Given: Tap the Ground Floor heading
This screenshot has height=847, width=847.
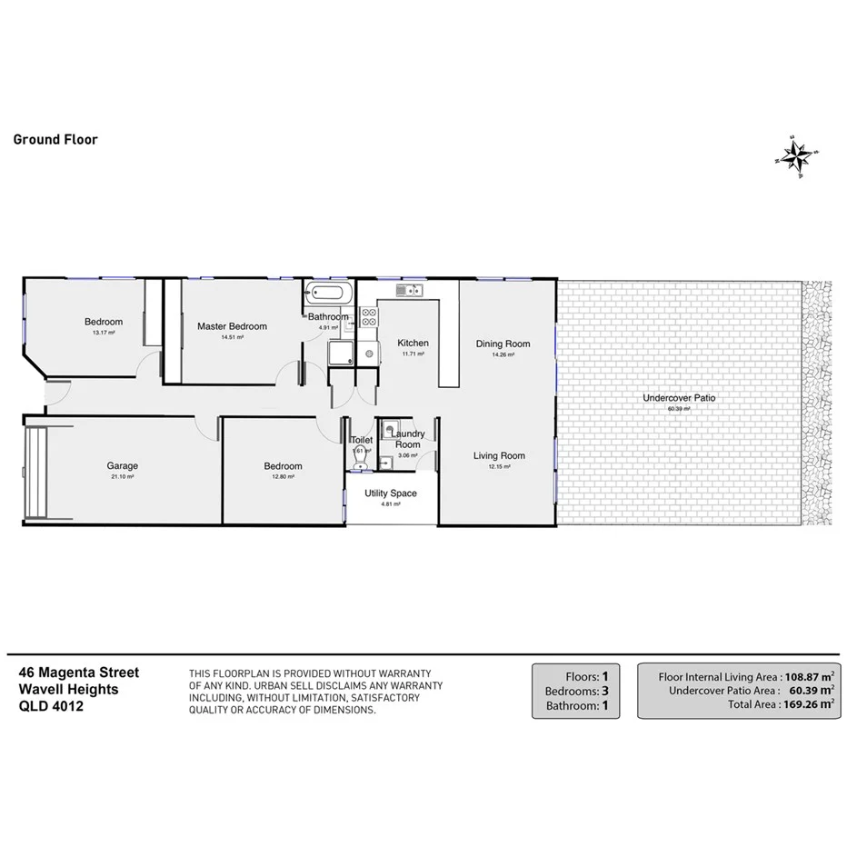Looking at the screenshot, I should click(x=55, y=140).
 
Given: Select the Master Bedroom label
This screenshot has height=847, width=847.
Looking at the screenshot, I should click(x=233, y=326).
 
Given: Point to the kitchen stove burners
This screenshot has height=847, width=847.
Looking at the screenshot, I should click(x=370, y=317).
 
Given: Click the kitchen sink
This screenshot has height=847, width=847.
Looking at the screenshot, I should click(x=406, y=290).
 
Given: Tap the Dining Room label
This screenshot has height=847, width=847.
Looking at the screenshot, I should click(x=503, y=344).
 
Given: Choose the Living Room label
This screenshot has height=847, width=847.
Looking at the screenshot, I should click(x=499, y=455).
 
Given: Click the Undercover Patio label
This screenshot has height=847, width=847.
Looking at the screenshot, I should click(x=680, y=398).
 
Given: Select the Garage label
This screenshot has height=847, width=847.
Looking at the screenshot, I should click(x=122, y=466).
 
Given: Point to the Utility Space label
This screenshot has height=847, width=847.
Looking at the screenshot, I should click(x=391, y=493).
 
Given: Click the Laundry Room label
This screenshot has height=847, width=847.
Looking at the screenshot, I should click(x=407, y=439).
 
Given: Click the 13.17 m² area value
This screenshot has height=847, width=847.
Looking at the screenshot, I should click(x=104, y=333).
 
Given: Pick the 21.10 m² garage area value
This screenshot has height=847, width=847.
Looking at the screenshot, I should click(x=122, y=476).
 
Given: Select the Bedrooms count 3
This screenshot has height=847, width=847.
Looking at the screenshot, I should click(x=604, y=691).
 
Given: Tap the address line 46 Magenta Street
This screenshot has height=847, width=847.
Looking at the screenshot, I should click(x=79, y=673).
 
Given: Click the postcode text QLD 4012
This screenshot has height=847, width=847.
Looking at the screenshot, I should click(x=51, y=705).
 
